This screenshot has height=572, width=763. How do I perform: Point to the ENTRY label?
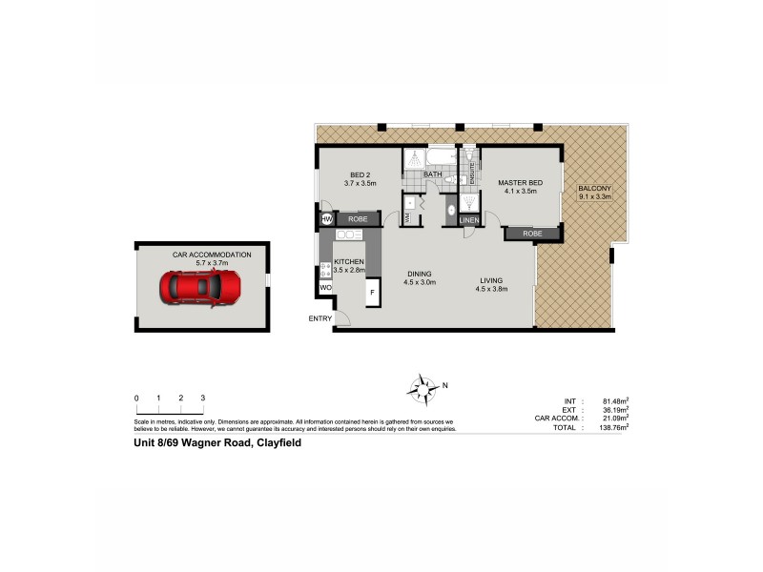click(320, 318)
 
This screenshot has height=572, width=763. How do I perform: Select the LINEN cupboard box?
click(469, 220)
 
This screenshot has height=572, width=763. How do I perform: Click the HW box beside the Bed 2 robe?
click(326, 219)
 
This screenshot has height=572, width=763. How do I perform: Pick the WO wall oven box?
click(325, 286)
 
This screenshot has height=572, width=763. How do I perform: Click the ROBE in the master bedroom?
click(533, 233)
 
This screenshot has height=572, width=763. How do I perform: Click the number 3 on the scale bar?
click(203, 397)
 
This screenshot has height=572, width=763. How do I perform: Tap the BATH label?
click(433, 174)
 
